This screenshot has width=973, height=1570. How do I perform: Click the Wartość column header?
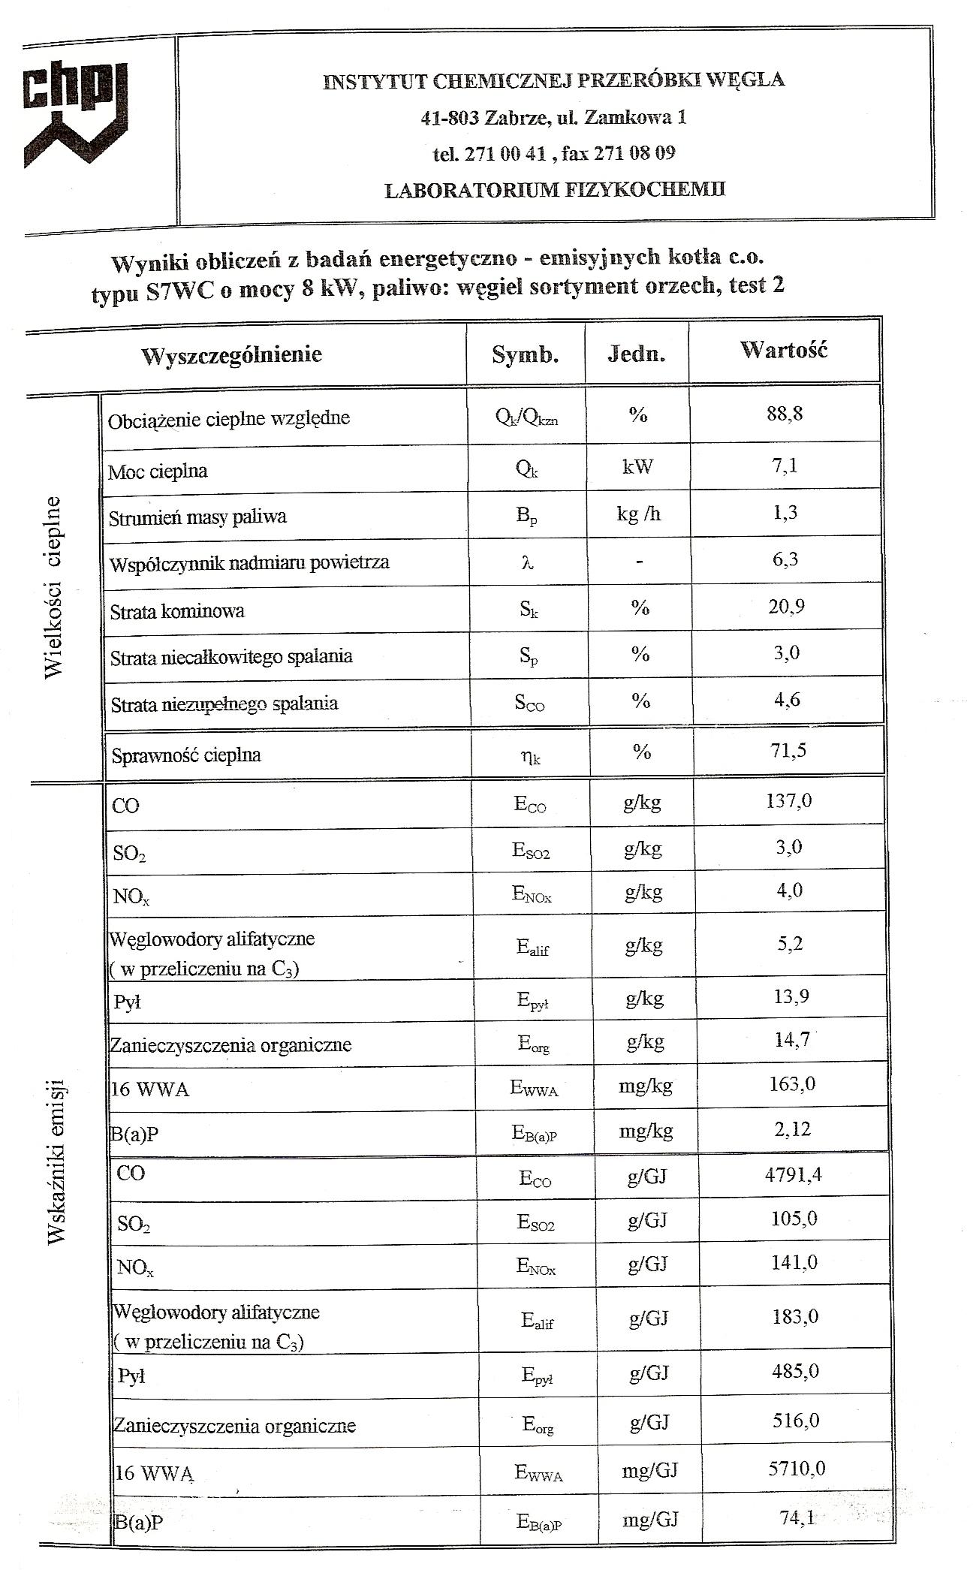coord(783,350)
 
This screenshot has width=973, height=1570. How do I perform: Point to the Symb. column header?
coord(525,354)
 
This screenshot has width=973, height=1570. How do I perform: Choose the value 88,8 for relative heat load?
coord(785,414)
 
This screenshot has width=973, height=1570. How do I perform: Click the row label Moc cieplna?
coord(158,472)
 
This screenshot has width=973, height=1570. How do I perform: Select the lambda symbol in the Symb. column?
coord(527,562)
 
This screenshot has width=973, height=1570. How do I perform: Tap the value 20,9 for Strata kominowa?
coord(786,606)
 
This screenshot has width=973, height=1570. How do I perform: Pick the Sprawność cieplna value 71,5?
coord(788,750)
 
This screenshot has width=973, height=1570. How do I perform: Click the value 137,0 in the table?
coord(789,801)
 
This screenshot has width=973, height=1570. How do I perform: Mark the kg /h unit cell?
coord(638,514)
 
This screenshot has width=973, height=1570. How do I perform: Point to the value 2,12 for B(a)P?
coord(791,1129)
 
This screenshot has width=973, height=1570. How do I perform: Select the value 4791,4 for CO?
coord(793,1174)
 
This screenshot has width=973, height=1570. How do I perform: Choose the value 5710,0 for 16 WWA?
coord(796,1467)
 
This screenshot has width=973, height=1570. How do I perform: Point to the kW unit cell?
coord(637,466)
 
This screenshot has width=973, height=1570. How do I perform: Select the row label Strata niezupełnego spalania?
coord(224,704)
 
